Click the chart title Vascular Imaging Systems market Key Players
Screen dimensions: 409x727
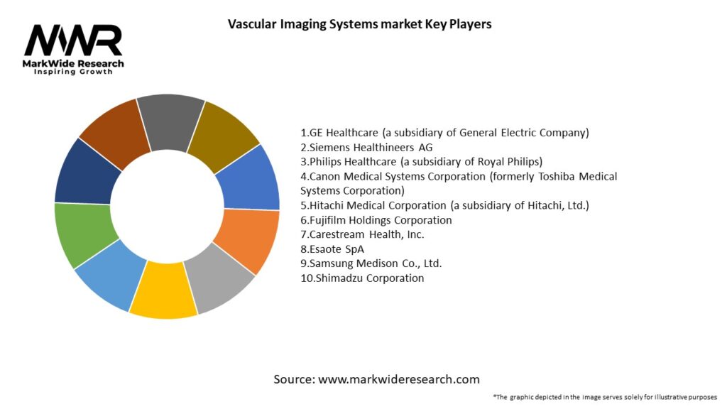pos(359,24)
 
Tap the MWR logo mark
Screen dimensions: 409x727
pos(73,40)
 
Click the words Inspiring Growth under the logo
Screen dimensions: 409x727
pos(73,72)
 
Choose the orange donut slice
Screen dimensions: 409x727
pos(246,239)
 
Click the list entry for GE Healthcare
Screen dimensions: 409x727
pos(445,133)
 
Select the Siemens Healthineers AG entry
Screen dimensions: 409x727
pos(366,147)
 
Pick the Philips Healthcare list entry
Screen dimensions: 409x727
pos(421,161)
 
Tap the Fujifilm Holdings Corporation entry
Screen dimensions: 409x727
pos(376,220)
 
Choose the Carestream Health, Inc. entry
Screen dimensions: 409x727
pos(362,234)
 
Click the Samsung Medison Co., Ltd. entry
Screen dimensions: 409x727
pos(371,263)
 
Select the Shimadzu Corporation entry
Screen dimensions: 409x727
pos(362,278)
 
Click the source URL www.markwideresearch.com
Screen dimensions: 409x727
pos(399,379)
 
